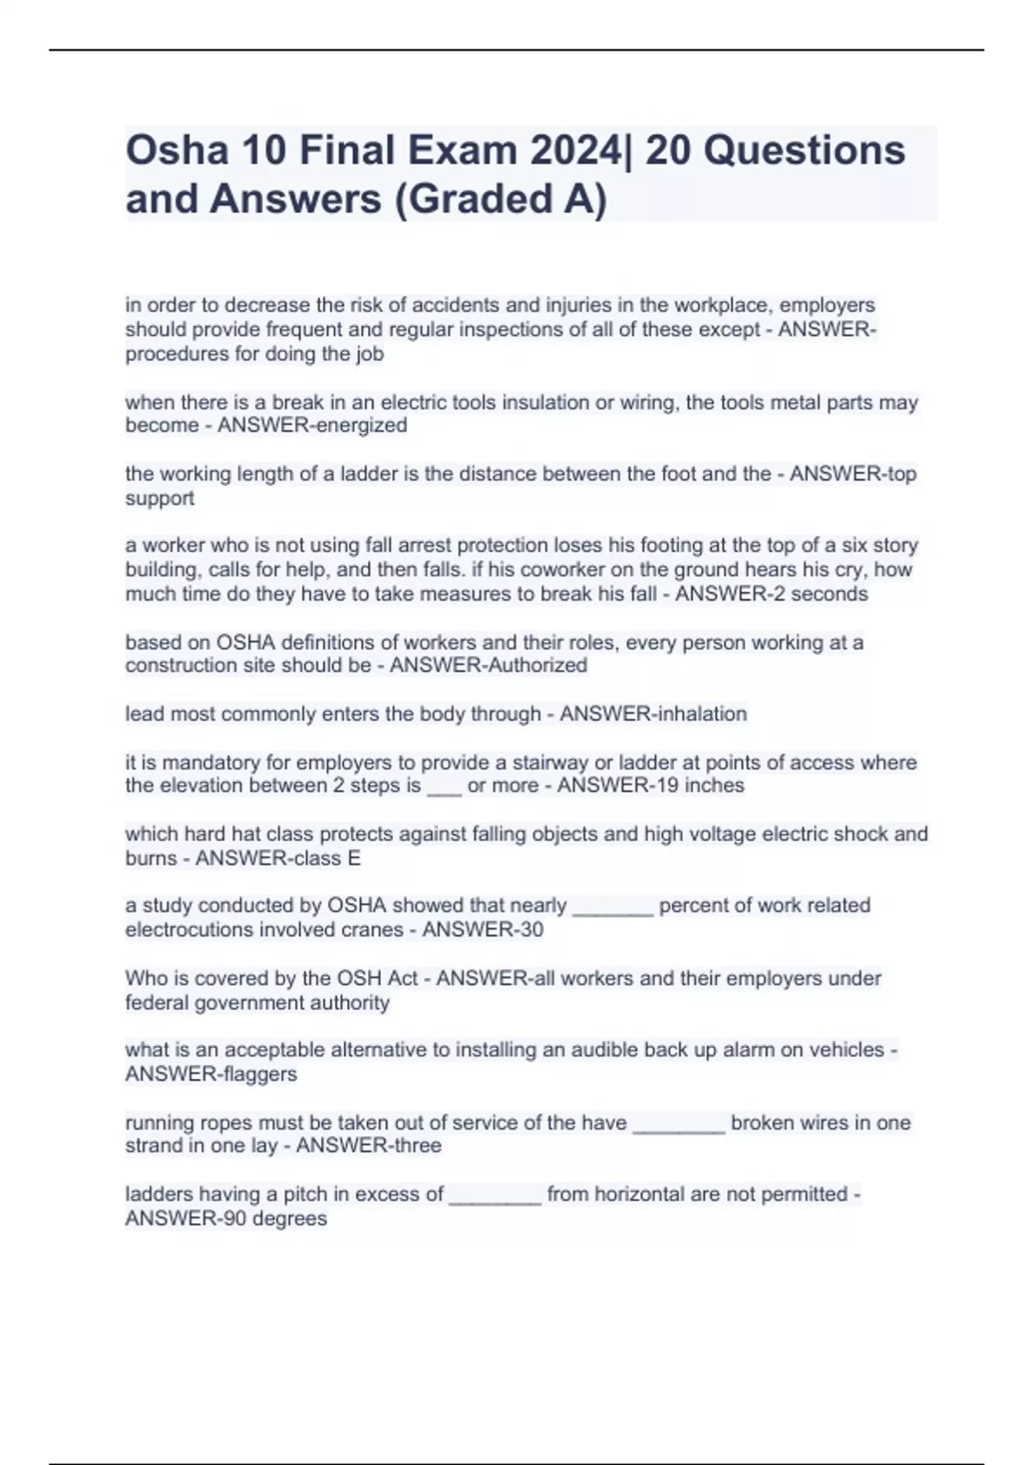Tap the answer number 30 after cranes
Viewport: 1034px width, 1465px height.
tap(531, 930)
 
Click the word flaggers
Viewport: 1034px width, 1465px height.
tap(258, 1074)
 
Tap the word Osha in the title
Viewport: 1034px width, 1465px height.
tap(177, 151)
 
